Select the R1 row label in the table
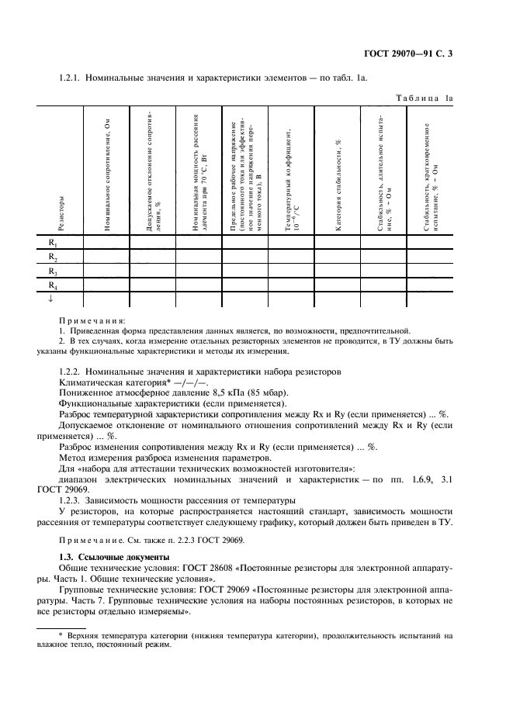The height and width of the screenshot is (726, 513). (x=53, y=244)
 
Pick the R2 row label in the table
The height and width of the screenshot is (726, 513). (x=53, y=258)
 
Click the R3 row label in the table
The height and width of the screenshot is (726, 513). (x=53, y=271)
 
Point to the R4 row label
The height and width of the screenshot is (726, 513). (x=53, y=285)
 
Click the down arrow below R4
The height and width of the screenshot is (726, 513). (x=51, y=299)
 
